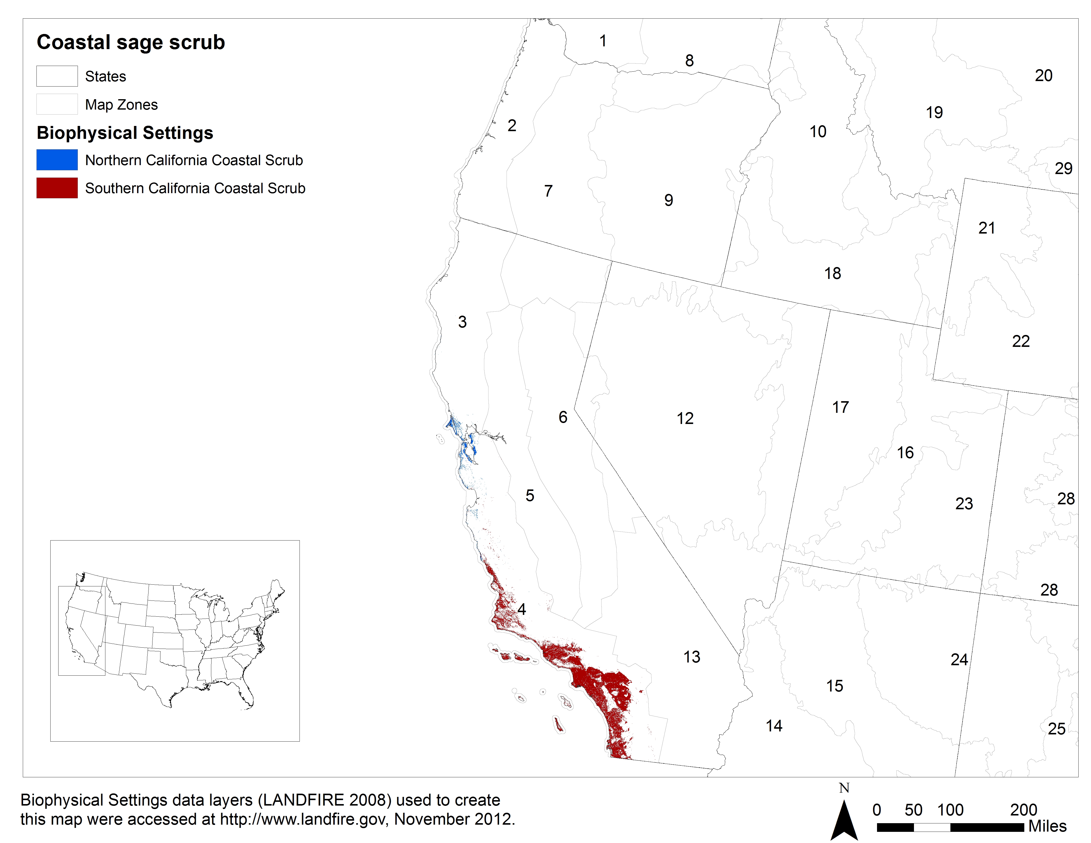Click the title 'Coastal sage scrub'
point(131,42)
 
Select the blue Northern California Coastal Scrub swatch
point(57,160)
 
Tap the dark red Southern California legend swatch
point(57,188)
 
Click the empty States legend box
point(57,76)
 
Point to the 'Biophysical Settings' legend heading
point(125,133)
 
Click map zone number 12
point(685,418)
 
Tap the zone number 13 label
point(692,657)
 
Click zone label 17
point(840,407)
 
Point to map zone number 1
point(603,40)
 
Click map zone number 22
point(1021,341)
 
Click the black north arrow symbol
point(844,821)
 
